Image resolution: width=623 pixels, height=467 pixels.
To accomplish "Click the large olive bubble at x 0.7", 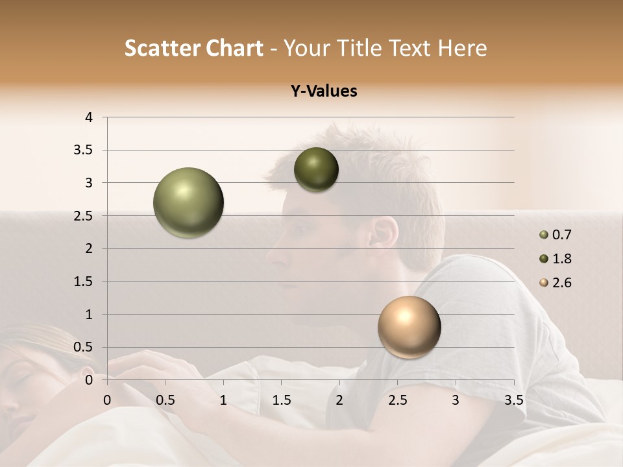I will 189,202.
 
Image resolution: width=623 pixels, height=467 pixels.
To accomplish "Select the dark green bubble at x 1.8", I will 316,169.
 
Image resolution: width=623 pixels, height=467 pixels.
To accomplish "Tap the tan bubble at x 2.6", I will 409,327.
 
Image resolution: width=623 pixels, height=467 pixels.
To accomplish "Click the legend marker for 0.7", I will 544,235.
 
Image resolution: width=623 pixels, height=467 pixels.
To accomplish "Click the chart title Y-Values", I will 324,91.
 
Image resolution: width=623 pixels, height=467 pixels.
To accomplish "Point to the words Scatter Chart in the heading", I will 193,48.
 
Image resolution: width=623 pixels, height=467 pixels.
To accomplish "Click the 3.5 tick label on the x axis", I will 513,401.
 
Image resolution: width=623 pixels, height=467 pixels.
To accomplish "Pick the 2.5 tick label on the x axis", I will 397,401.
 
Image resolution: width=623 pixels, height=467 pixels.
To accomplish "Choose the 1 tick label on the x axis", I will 223,401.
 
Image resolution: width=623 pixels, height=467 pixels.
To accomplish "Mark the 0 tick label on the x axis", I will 107,401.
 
